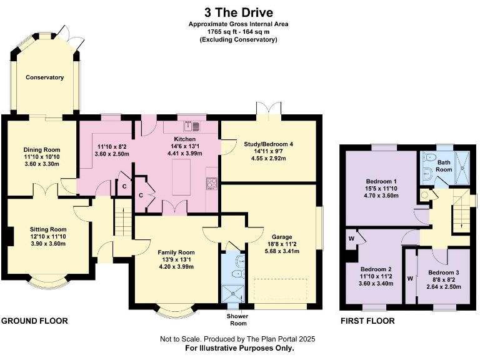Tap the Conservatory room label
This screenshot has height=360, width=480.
click(44, 77)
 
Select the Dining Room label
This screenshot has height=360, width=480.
click(42, 149)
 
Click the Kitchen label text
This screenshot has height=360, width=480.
click(185, 139)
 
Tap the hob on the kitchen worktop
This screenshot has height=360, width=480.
click(212, 182)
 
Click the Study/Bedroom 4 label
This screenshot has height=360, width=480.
click(268, 143)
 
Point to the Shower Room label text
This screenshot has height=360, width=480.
click(237, 319)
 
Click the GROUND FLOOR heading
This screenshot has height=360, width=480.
click(34, 321)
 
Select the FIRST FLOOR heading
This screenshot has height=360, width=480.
click(367, 321)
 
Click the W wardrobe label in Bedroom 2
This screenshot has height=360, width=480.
click(351, 238)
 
